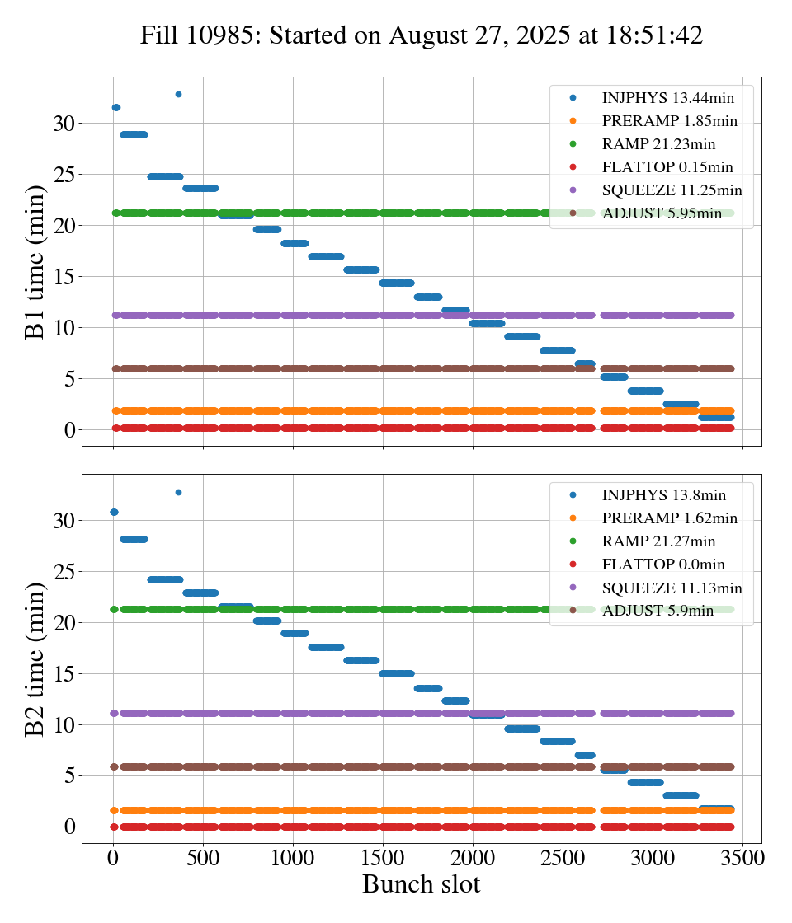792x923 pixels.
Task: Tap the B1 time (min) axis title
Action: pos(35,261)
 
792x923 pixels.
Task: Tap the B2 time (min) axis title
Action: pos(35,658)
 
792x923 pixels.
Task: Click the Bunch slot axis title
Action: pos(421,884)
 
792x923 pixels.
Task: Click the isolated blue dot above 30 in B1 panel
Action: pos(178,94)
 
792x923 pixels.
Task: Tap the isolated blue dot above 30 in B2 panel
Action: pos(178,492)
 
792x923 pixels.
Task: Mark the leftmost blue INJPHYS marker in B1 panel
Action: pos(115,108)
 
